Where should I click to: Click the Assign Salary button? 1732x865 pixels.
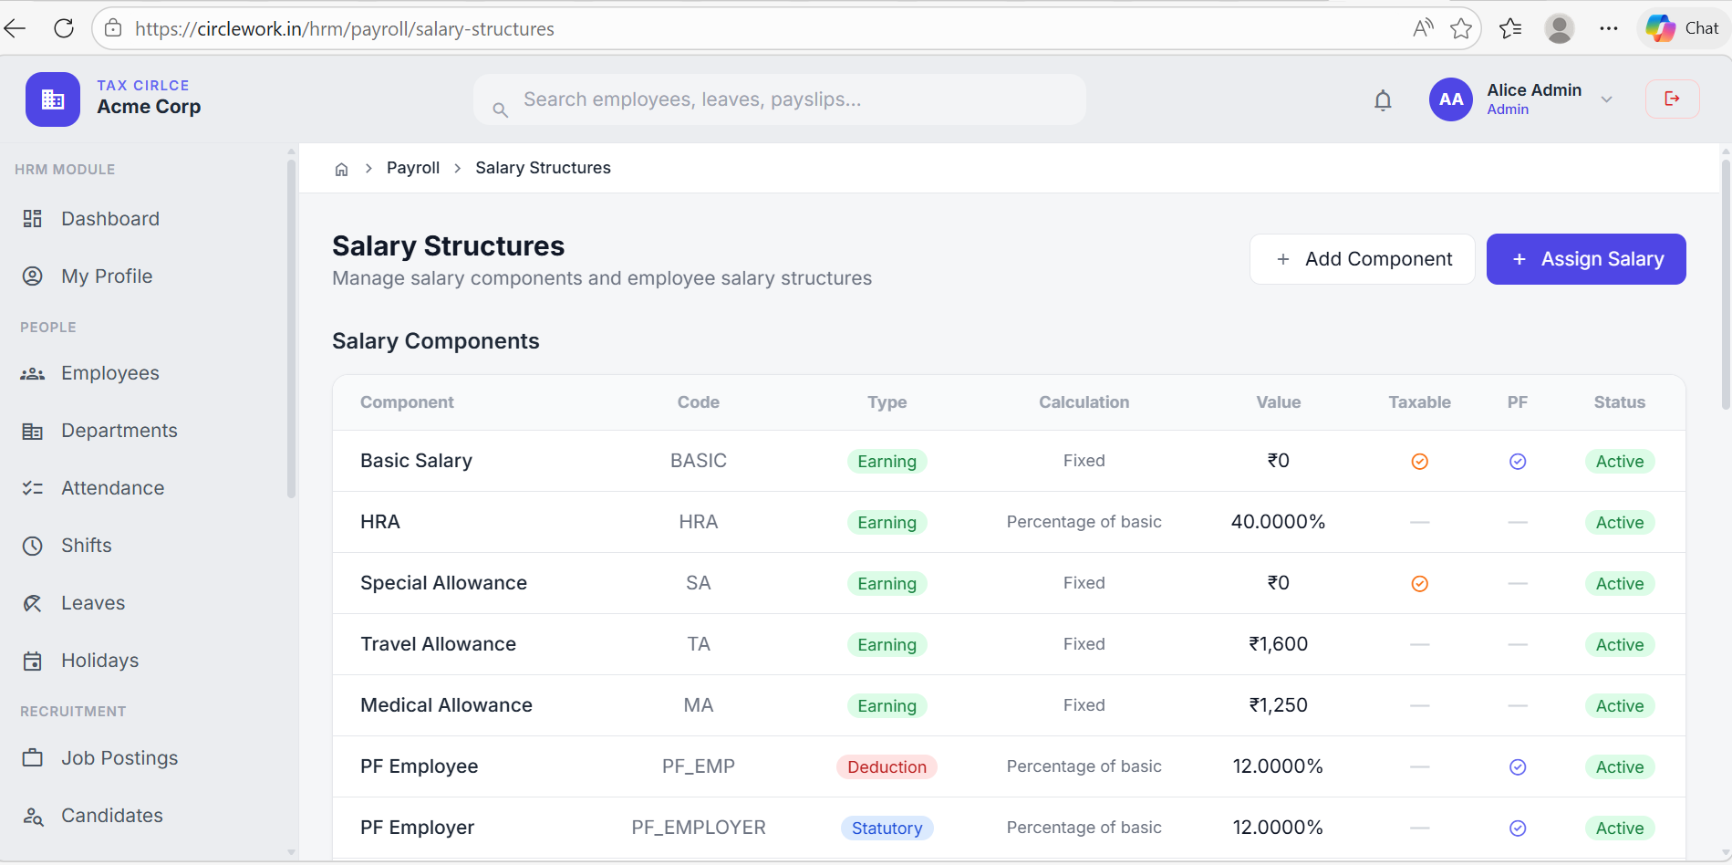(x=1585, y=259)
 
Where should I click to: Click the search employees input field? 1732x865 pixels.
(x=780, y=99)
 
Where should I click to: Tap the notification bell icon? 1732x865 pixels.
(x=1383, y=100)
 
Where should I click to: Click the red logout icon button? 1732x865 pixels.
(x=1672, y=99)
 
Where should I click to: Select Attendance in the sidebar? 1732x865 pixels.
(x=112, y=488)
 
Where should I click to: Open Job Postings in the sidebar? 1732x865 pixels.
(x=119, y=758)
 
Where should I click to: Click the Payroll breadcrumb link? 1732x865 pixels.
(x=412, y=168)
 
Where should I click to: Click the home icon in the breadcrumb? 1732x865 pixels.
(x=342, y=169)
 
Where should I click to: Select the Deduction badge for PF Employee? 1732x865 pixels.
(x=886, y=767)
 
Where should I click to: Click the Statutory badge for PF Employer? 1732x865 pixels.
(x=886, y=829)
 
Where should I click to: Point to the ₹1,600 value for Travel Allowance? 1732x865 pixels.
(x=1278, y=644)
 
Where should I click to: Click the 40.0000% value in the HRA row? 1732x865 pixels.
(x=1278, y=522)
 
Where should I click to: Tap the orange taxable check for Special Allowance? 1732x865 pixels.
(x=1419, y=584)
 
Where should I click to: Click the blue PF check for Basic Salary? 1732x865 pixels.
(x=1517, y=462)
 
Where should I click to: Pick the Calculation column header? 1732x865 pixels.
(x=1084, y=402)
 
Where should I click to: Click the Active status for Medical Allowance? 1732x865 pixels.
(x=1619, y=706)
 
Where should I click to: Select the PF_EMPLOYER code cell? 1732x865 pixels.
(x=698, y=828)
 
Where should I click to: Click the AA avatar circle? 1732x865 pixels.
(x=1450, y=99)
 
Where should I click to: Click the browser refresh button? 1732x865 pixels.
(x=64, y=28)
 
